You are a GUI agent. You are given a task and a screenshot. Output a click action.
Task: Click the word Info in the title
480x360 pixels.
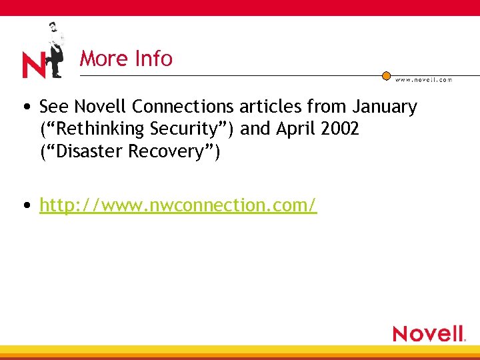[153, 59]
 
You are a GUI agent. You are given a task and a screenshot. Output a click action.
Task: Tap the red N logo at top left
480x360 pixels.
[33, 65]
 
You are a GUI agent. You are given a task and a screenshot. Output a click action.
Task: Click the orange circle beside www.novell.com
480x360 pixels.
[386, 76]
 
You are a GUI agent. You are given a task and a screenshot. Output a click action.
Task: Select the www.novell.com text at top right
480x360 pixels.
[423, 80]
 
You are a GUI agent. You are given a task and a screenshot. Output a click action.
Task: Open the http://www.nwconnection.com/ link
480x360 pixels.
[178, 205]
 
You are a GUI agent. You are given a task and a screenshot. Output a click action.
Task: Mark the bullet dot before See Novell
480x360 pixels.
[25, 107]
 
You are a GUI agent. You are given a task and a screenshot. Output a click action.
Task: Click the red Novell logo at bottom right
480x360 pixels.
[428, 333]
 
